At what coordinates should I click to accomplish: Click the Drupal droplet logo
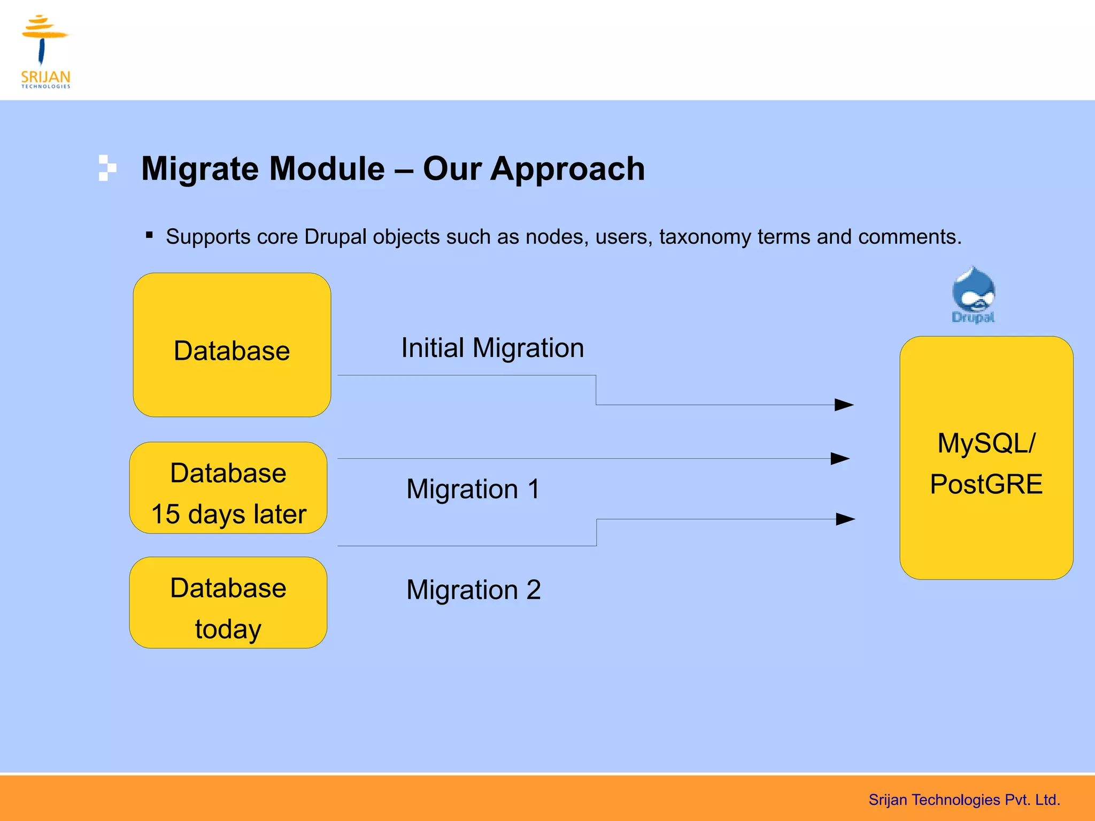click(973, 294)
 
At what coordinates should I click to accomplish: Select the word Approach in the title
click(568, 169)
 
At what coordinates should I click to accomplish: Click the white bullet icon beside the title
click(107, 168)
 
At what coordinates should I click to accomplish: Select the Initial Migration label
click(492, 348)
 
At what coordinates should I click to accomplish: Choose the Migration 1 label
click(473, 489)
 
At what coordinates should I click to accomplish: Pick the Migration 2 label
click(474, 590)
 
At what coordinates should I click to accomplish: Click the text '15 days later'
click(229, 514)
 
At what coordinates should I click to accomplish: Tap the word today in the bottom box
click(228, 629)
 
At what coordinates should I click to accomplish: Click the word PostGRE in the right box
click(986, 484)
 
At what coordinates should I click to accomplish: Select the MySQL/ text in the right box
click(986, 443)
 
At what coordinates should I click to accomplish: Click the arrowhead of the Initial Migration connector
click(844, 405)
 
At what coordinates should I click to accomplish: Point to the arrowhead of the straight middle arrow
click(840, 459)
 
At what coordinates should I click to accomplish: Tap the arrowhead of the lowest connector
click(845, 519)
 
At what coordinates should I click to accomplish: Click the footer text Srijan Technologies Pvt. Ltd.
click(964, 800)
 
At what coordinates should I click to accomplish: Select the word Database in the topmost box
click(232, 351)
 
